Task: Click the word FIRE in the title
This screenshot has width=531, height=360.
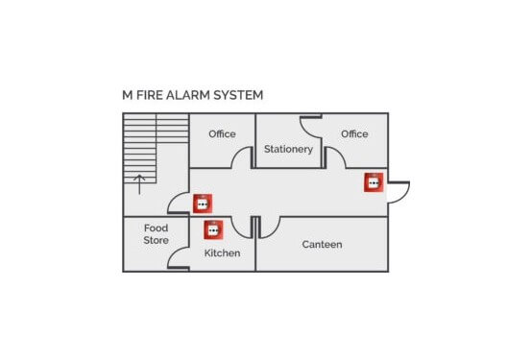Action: [x=152, y=95]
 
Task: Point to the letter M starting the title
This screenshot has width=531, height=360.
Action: [x=127, y=95]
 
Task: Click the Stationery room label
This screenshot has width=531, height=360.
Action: [x=288, y=149]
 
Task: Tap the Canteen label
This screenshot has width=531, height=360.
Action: [x=322, y=245]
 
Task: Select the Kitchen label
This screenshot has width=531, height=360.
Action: [x=222, y=253]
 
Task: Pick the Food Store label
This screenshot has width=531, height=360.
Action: [x=156, y=234]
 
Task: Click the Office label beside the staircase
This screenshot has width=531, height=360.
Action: [x=222, y=134]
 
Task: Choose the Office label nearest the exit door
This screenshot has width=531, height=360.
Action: [x=354, y=134]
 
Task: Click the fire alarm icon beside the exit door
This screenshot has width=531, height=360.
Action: [x=373, y=181]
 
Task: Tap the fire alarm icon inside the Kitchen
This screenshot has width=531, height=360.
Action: [x=212, y=229]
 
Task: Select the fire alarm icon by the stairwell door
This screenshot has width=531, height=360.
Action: [x=202, y=203]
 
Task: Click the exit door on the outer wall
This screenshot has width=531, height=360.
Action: [x=398, y=191]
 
